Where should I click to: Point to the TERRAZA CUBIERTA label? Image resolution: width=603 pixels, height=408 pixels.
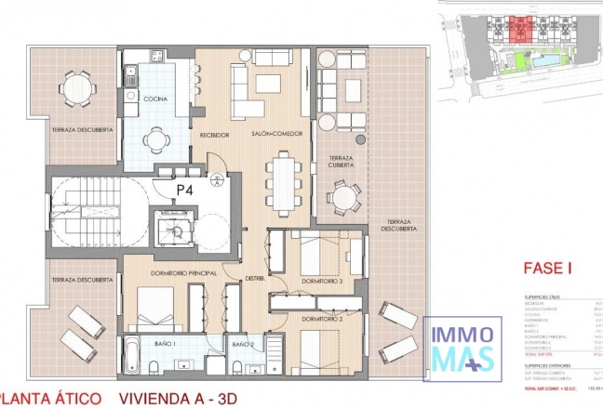(344, 162)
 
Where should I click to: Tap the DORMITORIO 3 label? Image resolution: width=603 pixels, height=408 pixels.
(322, 281)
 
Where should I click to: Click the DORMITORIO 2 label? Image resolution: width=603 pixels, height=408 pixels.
(322, 319)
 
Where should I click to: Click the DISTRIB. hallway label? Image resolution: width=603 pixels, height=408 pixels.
(255, 278)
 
